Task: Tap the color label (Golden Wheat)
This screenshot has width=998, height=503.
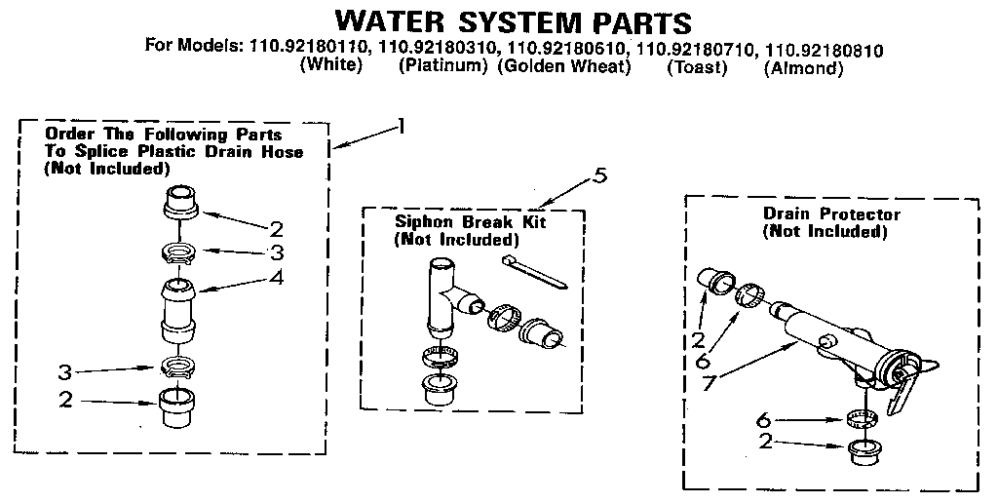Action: [x=564, y=67]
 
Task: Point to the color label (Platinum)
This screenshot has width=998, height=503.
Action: [x=442, y=67]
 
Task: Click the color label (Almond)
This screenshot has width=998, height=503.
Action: [x=803, y=67]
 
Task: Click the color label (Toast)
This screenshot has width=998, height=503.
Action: [x=697, y=67]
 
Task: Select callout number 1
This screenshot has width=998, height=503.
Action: [x=400, y=126]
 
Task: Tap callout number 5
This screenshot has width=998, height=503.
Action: [x=599, y=175]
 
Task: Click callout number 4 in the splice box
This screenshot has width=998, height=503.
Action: [x=277, y=278]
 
